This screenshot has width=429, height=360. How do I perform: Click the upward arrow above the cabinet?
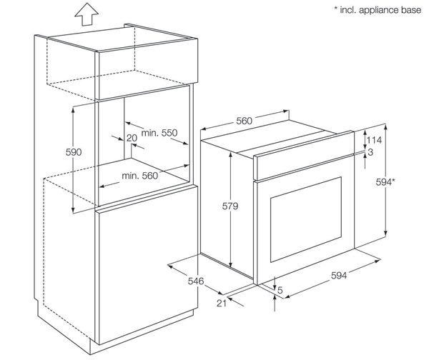click(x=87, y=14)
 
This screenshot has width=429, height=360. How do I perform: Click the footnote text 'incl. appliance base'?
click(x=380, y=10)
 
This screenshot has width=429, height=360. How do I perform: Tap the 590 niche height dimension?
click(x=74, y=152)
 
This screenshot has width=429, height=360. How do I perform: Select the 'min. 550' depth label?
click(x=159, y=133)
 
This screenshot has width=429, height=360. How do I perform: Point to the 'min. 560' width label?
click(x=140, y=176)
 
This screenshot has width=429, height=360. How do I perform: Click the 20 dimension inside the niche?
click(x=132, y=138)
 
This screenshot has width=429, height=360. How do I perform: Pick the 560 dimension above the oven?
click(x=244, y=121)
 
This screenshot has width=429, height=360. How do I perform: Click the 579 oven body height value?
click(x=230, y=206)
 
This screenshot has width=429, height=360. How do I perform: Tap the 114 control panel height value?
click(x=374, y=140)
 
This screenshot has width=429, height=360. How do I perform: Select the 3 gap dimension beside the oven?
click(x=370, y=152)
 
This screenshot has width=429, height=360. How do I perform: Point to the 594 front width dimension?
click(x=339, y=275)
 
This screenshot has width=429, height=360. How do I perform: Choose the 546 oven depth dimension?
click(x=196, y=281)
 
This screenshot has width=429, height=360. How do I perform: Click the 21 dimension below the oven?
click(x=222, y=303)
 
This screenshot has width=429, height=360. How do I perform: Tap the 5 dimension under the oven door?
click(x=280, y=290)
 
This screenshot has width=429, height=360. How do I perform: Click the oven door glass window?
click(x=306, y=219)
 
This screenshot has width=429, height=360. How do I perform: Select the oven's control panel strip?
click(x=304, y=156)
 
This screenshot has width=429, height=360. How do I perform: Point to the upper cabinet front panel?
click(x=147, y=69)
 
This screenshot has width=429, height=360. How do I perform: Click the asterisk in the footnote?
click(x=336, y=8)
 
